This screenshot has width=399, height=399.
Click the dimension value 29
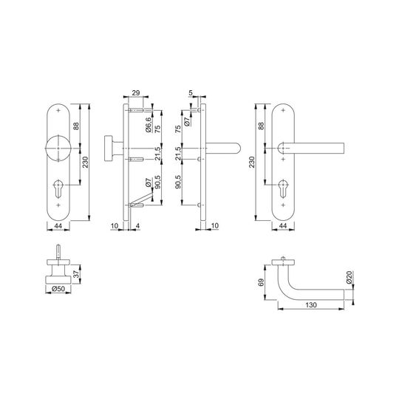[x=136, y=93]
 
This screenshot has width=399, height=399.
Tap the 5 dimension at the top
[x=191, y=93]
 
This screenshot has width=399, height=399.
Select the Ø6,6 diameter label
[x=149, y=125]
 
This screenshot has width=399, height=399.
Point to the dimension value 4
[x=137, y=225]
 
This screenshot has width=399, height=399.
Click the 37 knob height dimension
[x=76, y=274]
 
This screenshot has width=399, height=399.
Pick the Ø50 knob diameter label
[x=58, y=289]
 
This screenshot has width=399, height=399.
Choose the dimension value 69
[x=262, y=282]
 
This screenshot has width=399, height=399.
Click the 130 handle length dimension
[x=310, y=305]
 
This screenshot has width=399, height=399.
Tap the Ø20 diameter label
[x=349, y=277]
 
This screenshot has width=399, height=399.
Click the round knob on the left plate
[x=58, y=149]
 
